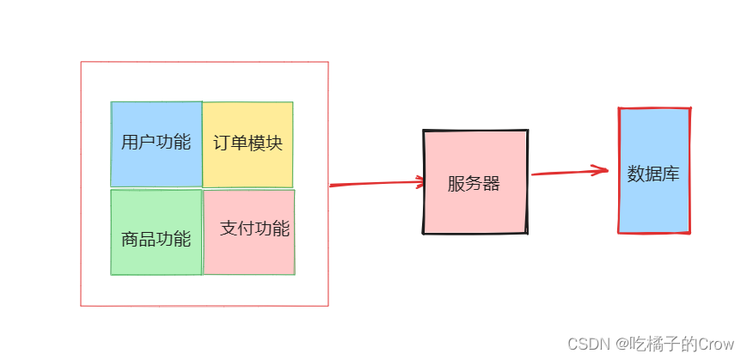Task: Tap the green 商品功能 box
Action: tap(156, 256)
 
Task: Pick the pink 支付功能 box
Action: tap(249, 254)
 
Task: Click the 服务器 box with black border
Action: tap(475, 206)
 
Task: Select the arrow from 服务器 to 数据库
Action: tap(567, 173)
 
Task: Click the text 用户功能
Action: tap(156, 142)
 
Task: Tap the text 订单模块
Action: tap(248, 143)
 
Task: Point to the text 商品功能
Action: tap(156, 239)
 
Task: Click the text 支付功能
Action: tap(254, 229)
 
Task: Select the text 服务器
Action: tap(474, 183)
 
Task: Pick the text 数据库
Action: tap(653, 174)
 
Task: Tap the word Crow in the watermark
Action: tap(716, 343)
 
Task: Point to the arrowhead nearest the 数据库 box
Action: tap(602, 170)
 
